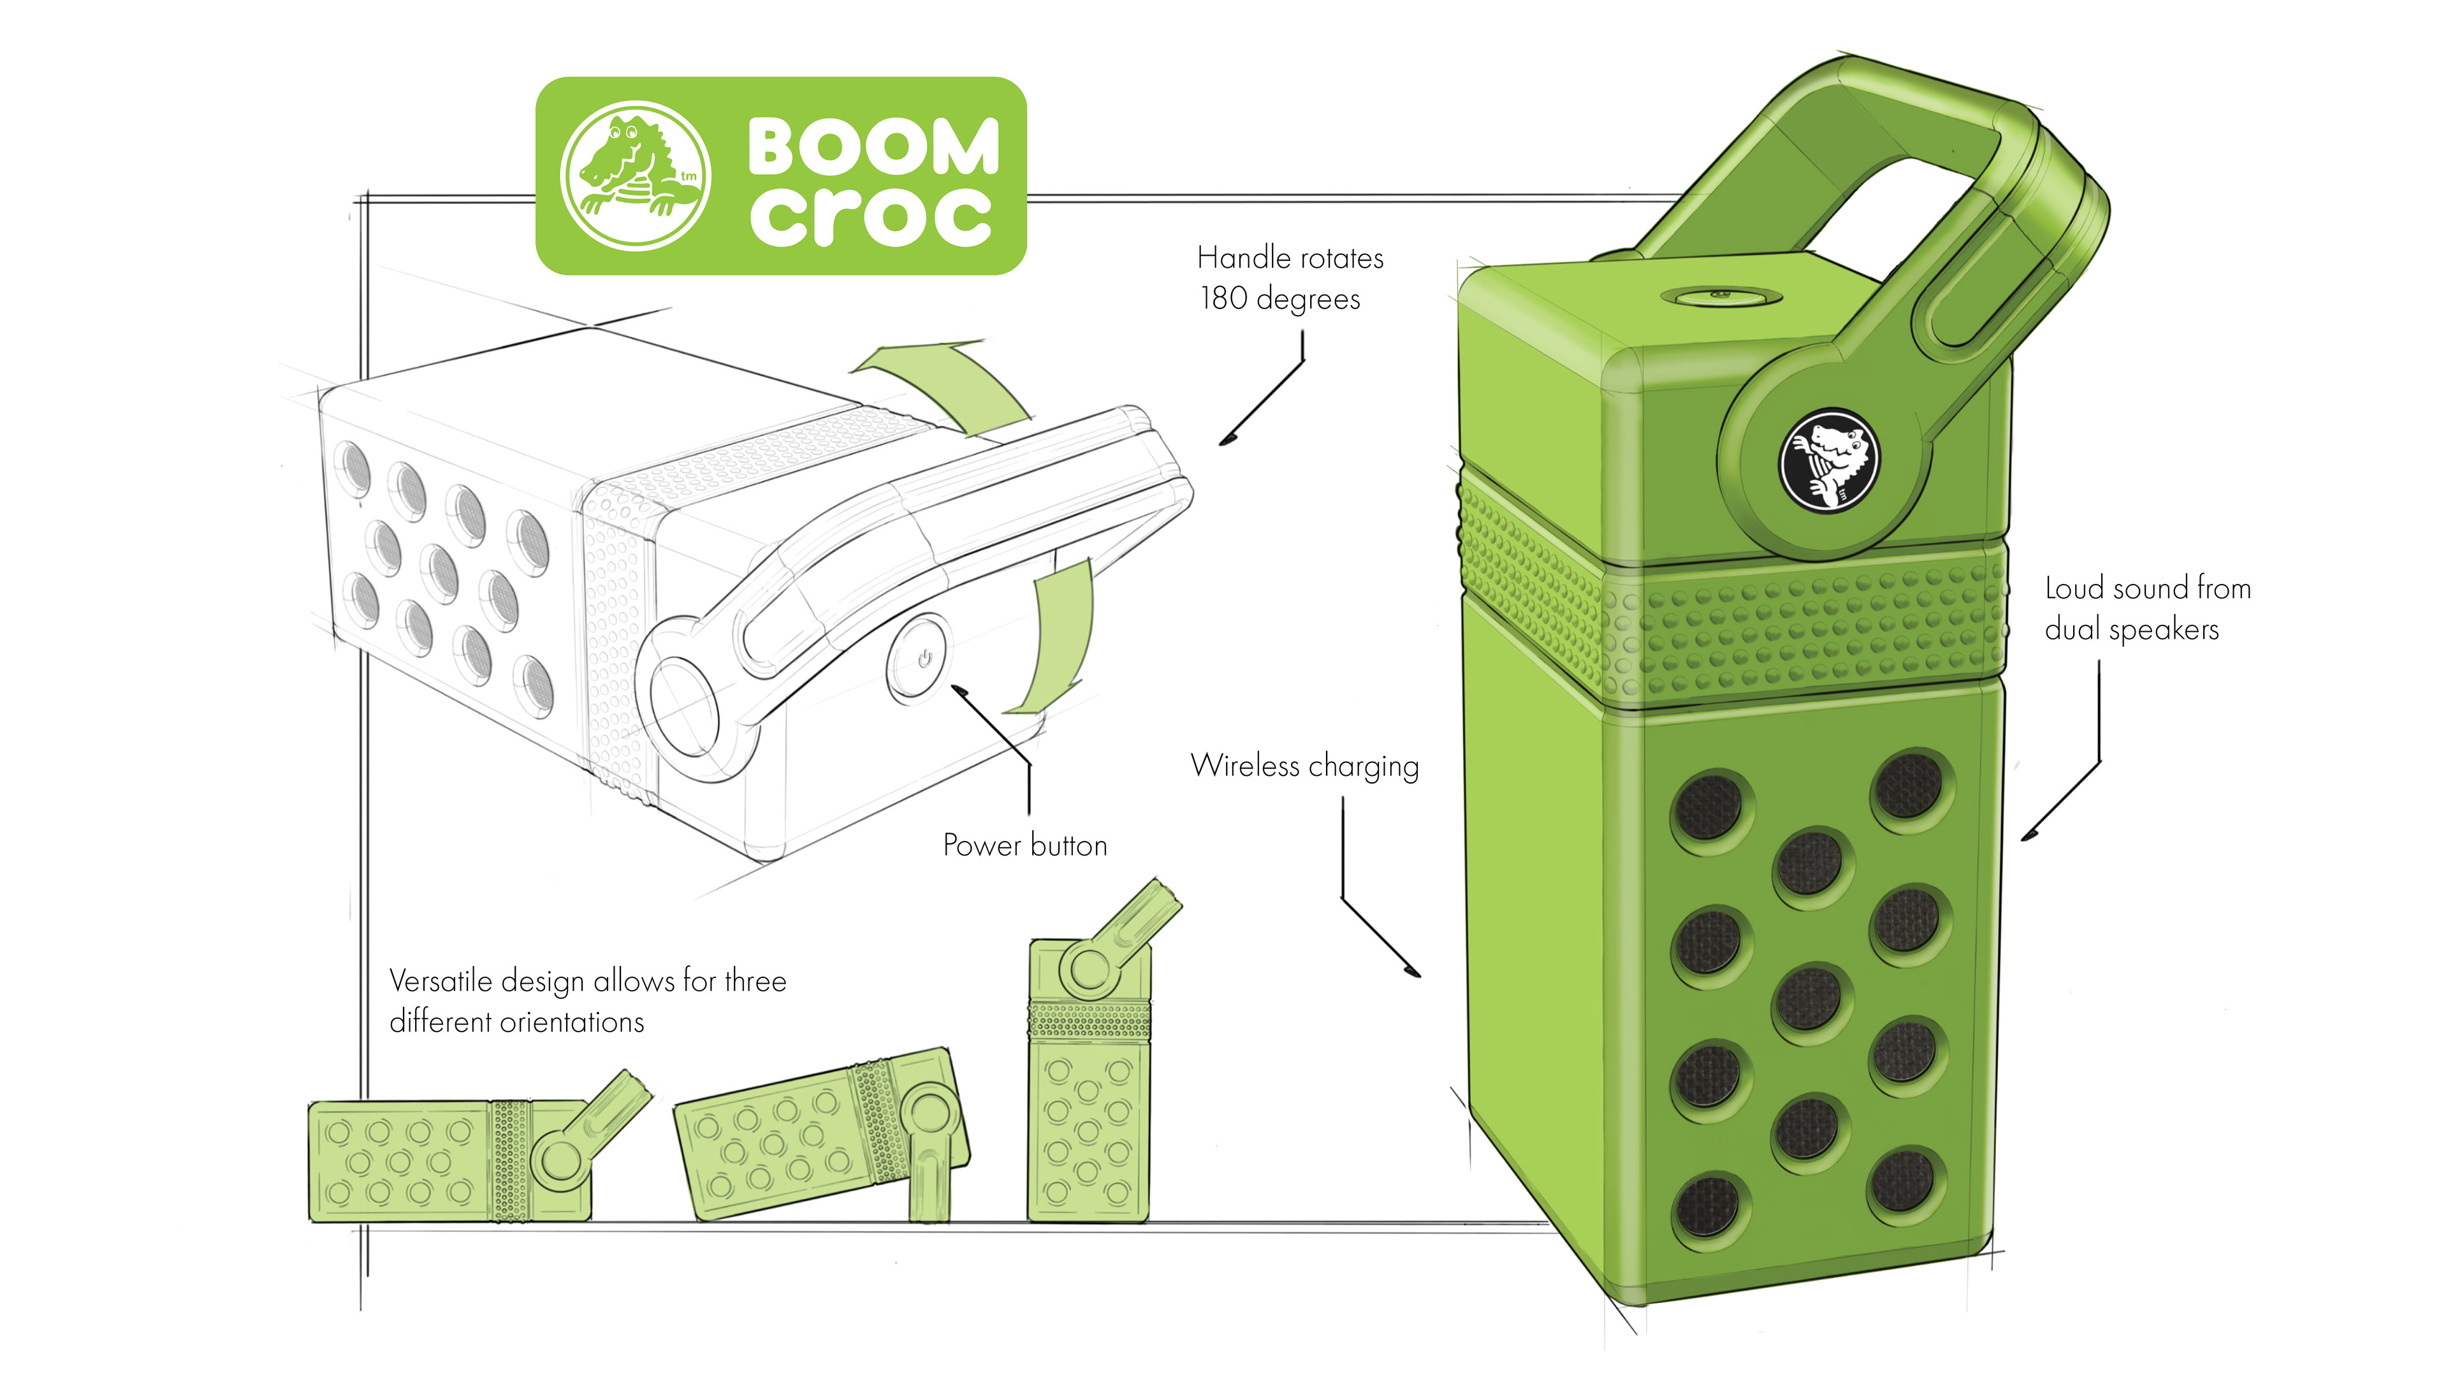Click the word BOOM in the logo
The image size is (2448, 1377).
[872, 147]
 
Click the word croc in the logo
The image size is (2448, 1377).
[870, 215]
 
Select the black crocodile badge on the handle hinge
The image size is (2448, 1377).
[1826, 460]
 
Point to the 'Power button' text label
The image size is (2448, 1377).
[1024, 845]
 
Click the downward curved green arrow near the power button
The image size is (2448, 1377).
[1056, 637]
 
